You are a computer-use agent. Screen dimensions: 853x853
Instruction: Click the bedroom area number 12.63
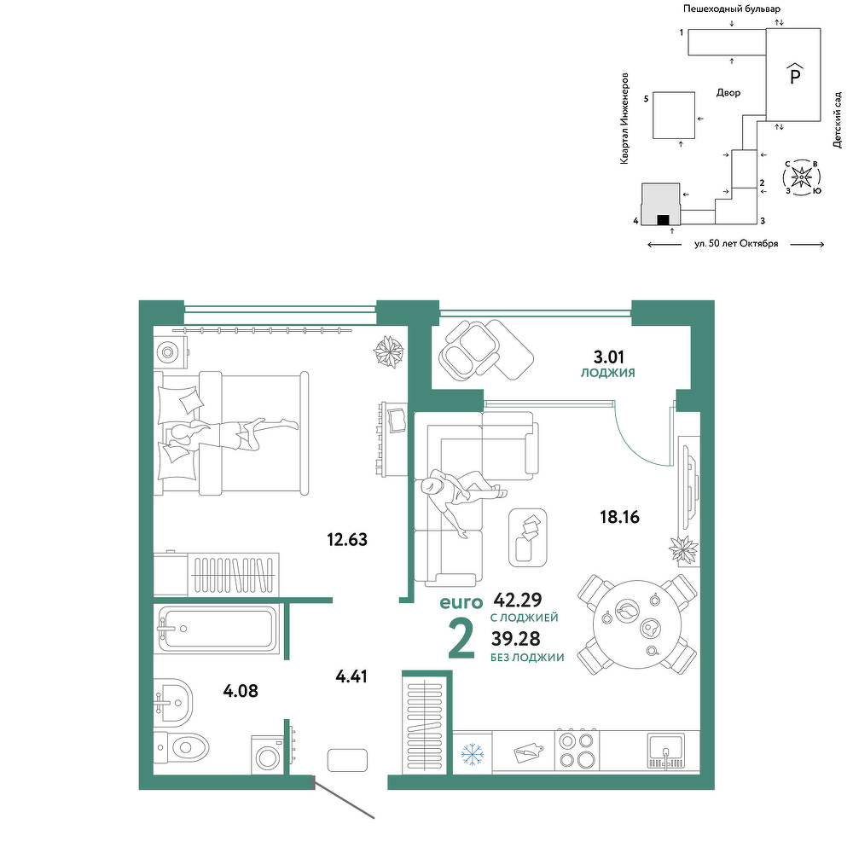347,540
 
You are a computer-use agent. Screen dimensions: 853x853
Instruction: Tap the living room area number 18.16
619,517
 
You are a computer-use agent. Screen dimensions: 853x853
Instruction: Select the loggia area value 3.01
609,357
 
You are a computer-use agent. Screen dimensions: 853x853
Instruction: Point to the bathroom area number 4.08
241,691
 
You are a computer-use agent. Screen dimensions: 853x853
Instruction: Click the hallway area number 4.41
351,676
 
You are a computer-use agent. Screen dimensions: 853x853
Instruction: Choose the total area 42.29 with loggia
518,600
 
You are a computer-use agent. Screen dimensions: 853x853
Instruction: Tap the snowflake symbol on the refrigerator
473,754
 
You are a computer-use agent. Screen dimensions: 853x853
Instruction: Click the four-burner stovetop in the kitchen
577,751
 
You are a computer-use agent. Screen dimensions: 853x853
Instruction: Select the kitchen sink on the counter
666,751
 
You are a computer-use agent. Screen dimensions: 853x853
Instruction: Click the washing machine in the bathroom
267,755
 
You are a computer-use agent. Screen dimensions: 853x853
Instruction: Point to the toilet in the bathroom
181,748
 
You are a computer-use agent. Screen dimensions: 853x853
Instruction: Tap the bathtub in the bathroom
217,629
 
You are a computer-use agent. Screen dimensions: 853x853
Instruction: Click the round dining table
637,624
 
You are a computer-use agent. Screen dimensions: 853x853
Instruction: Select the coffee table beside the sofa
528,537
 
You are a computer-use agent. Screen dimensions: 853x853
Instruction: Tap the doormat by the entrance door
348,760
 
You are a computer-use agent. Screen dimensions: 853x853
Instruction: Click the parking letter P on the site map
795,75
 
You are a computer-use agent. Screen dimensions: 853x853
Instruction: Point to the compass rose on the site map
802,177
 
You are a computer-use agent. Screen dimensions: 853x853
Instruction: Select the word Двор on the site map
728,93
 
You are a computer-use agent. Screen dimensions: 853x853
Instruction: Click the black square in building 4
663,220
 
